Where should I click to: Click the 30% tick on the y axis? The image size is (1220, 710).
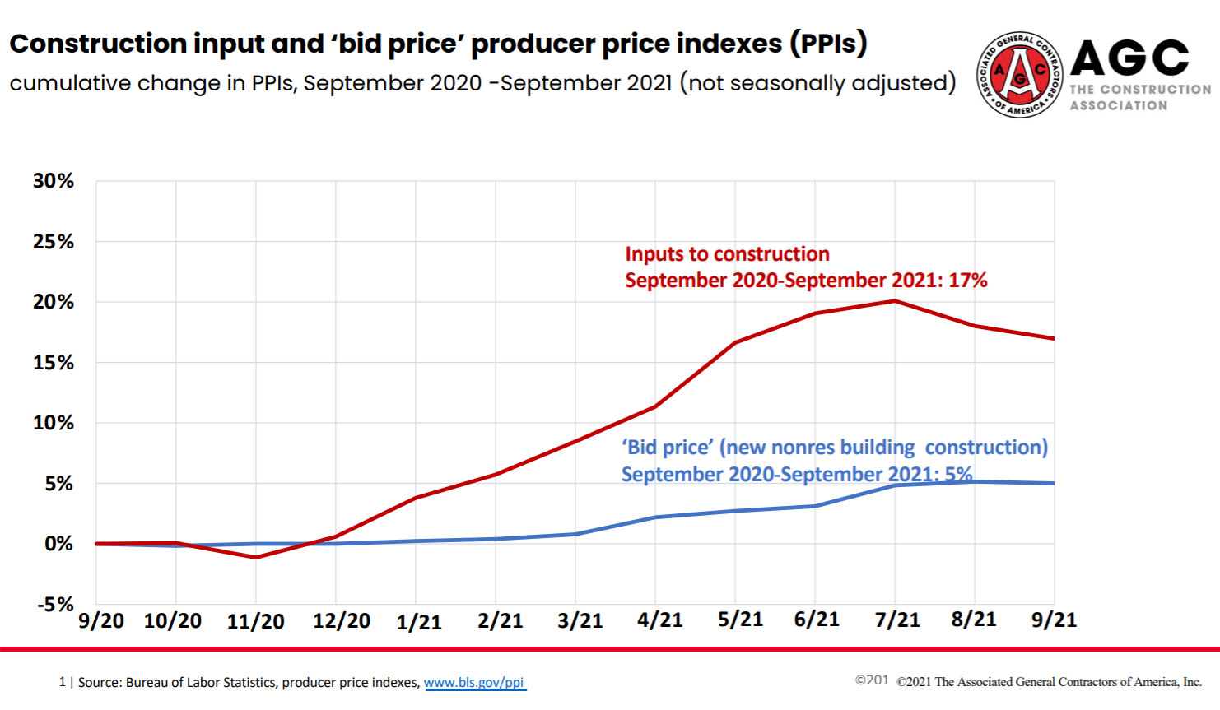point(54,181)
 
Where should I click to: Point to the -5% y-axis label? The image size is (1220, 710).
point(55,605)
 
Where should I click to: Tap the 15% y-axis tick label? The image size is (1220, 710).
point(54,363)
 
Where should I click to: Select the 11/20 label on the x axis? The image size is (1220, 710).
point(256,621)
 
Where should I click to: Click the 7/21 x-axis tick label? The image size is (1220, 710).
point(896,620)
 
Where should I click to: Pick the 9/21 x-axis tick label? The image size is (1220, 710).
point(1054,620)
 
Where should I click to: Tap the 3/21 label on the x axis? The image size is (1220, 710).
point(580,620)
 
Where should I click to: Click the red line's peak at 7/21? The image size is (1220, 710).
point(895,301)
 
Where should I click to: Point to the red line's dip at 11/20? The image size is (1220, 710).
point(256,558)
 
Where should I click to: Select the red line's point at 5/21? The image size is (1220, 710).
point(735,342)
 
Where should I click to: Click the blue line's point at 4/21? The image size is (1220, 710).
point(655,517)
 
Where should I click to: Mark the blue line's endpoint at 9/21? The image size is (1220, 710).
point(1053,483)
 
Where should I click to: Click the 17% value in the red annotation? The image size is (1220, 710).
point(967,281)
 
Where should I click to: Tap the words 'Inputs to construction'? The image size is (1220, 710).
point(727,254)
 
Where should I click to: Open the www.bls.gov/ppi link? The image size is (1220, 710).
point(474,682)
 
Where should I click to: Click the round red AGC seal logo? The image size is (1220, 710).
point(1019,75)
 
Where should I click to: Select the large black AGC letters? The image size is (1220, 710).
point(1129,58)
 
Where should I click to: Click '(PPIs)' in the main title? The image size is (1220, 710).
point(828,43)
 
